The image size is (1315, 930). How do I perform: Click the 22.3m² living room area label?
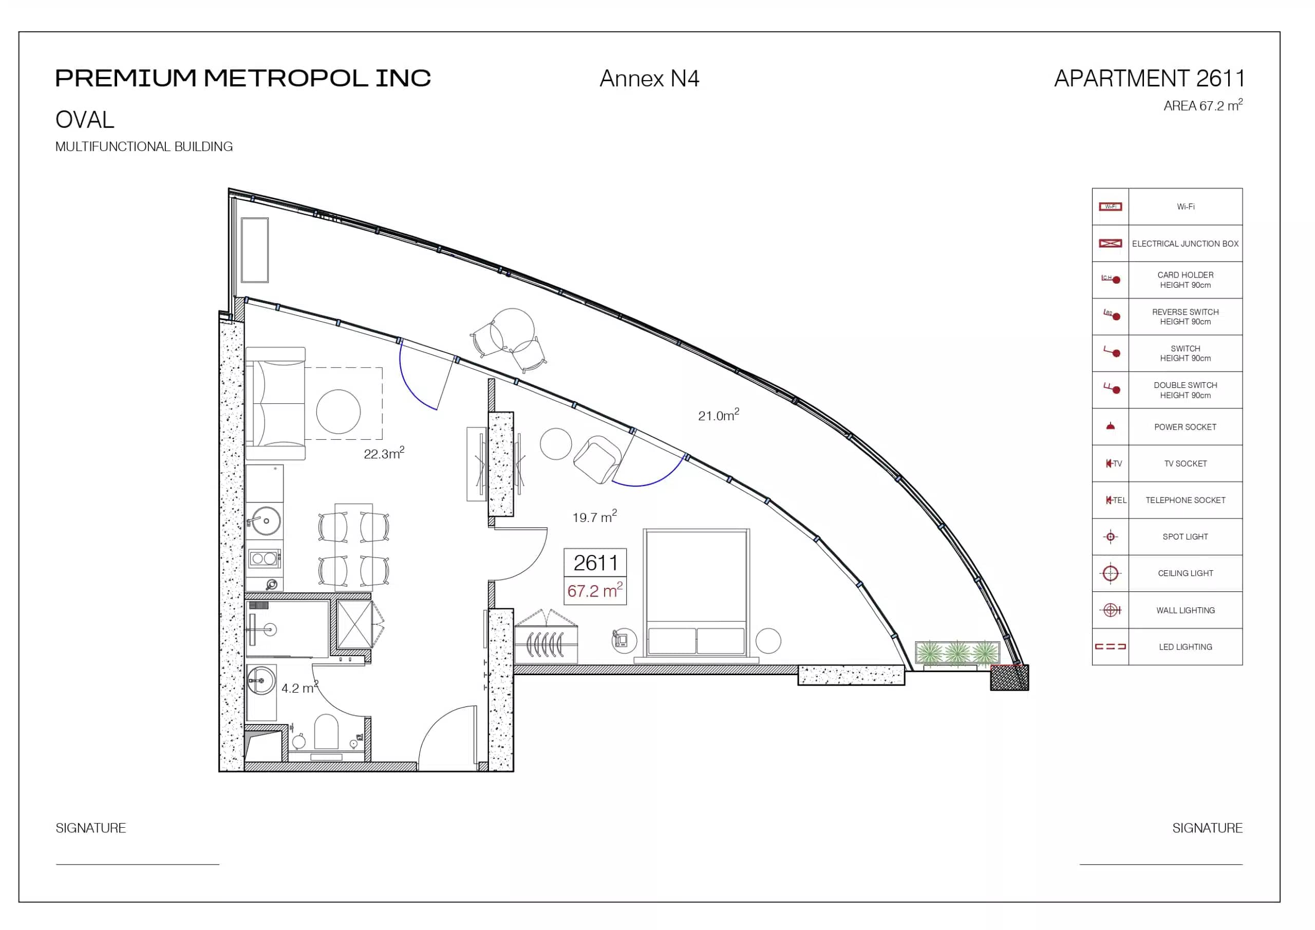(384, 453)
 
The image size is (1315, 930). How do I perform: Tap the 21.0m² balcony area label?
(718, 415)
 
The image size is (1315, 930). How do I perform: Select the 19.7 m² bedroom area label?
(594, 516)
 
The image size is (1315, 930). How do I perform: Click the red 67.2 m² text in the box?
(594, 590)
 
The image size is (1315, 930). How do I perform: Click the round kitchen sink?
(266, 521)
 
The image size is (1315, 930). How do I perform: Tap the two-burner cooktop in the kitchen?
(264, 558)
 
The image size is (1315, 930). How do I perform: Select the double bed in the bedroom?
(697, 592)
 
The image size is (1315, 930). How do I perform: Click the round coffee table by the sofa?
(339, 412)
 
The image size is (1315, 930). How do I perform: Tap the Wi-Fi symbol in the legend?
(1110, 206)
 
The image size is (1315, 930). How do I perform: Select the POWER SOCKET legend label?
(1185, 427)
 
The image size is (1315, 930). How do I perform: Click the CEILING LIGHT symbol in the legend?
(1111, 573)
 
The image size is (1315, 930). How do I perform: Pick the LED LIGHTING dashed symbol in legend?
(1110, 646)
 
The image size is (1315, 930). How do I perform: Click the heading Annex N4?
(649, 79)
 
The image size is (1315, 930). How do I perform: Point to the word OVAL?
(85, 120)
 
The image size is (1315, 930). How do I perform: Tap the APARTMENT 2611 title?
(1149, 79)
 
